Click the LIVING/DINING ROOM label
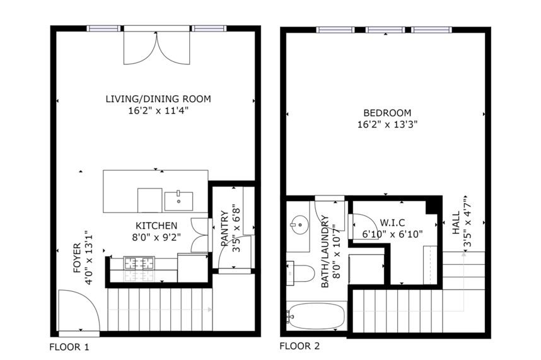[x=158, y=99]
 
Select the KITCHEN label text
[x=156, y=226]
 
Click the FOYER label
[x=77, y=257]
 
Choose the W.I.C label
[x=392, y=223]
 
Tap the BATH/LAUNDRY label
[x=325, y=252]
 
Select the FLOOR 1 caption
[x=69, y=347]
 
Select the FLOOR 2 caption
[x=300, y=345]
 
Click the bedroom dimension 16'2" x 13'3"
[x=387, y=124]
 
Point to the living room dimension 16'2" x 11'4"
[x=158, y=110]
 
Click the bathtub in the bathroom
[x=316, y=315]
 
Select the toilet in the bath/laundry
[x=301, y=273]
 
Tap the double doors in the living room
[x=157, y=47]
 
